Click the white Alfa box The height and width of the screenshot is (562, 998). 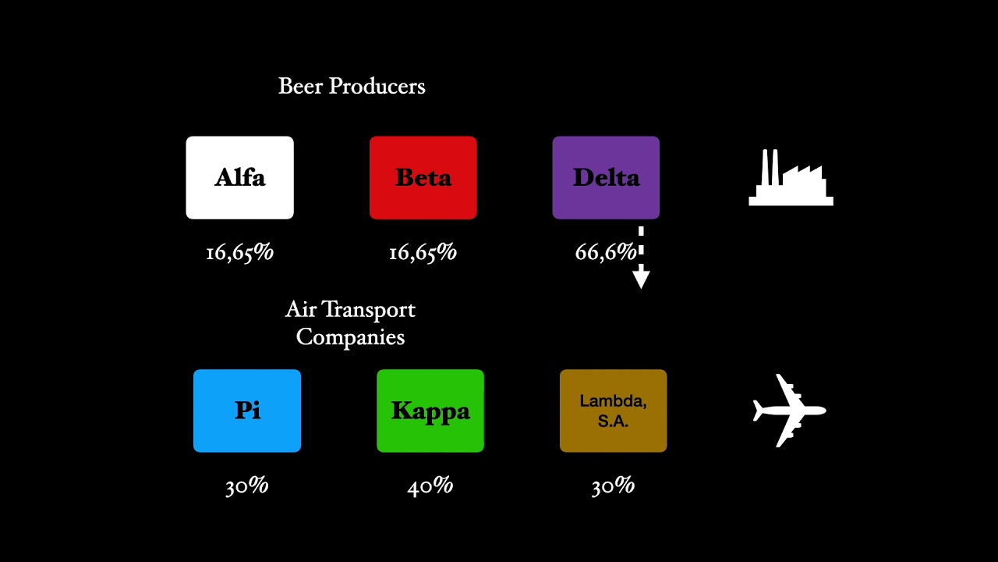(x=239, y=178)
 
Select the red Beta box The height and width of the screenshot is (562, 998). (x=423, y=178)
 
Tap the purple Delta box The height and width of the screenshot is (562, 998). (x=606, y=178)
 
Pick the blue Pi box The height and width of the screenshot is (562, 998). (x=247, y=411)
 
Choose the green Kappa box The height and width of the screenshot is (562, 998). (x=430, y=411)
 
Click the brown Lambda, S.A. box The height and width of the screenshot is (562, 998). (x=613, y=411)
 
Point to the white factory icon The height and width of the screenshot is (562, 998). (x=791, y=179)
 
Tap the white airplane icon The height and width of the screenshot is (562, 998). (x=789, y=411)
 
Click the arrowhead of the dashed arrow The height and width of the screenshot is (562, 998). (x=641, y=277)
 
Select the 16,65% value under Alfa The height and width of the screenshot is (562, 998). (x=239, y=252)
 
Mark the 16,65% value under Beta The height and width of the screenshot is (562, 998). (x=423, y=252)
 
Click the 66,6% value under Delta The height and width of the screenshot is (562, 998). (x=605, y=252)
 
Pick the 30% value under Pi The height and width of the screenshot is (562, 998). (x=246, y=486)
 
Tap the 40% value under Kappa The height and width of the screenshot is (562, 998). (x=430, y=486)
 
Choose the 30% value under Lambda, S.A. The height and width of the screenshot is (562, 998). (x=613, y=486)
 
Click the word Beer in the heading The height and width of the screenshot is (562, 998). (x=300, y=86)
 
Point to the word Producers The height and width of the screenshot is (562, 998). (x=377, y=86)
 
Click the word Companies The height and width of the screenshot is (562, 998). (x=350, y=337)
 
